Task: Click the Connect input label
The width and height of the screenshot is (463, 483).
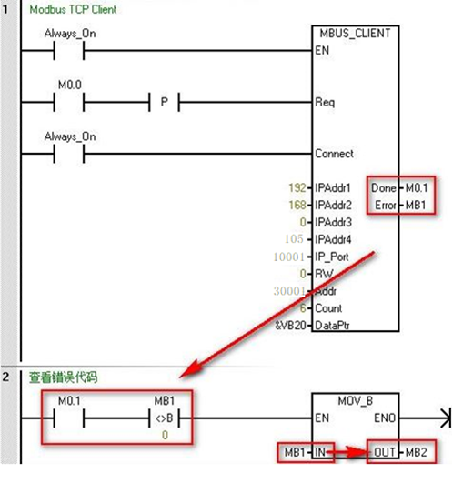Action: (334, 154)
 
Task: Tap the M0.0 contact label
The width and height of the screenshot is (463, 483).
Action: (70, 84)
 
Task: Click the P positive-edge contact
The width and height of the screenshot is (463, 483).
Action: (165, 102)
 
